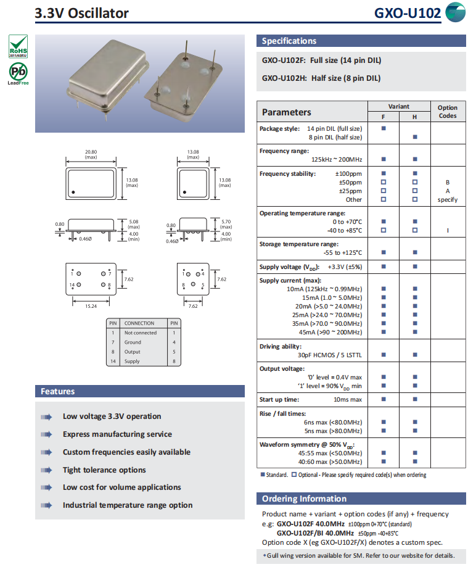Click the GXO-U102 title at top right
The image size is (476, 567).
pos(408,13)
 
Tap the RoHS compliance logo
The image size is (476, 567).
pos(18,46)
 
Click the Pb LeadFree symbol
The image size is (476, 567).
pos(18,73)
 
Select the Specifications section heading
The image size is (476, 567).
pos(289,41)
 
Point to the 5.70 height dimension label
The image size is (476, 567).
pos(226,221)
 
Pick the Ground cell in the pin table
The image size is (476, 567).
pos(133,342)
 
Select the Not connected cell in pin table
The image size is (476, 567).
pos(141,333)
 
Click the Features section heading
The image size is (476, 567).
pos(58,391)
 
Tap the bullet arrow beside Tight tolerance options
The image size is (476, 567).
pos(47,470)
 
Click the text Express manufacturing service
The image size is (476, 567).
pos(117,434)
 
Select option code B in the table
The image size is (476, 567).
pos(448,183)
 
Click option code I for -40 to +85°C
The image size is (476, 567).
pos(448,230)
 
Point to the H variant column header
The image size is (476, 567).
pos(414,117)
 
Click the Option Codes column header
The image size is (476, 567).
pos(448,112)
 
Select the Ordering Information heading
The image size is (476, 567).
pos(304,499)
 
